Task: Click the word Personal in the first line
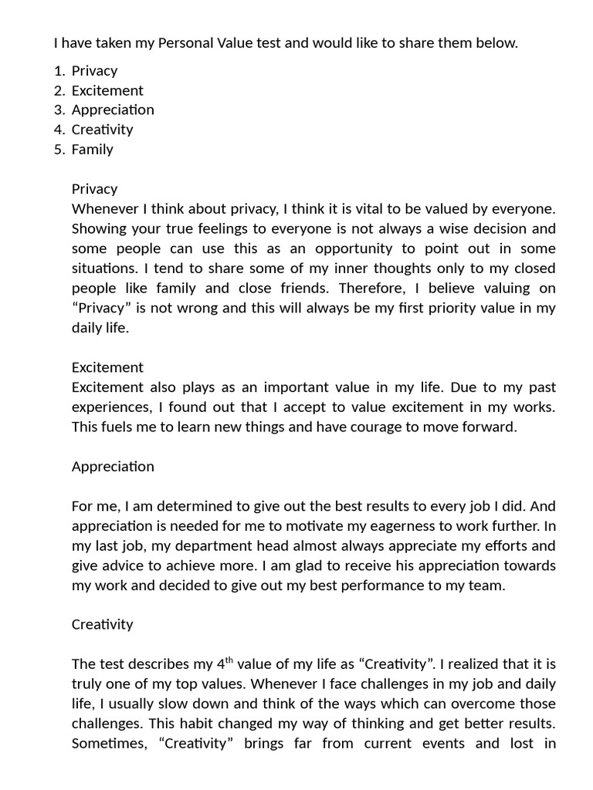[186, 43]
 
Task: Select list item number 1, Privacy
[94, 71]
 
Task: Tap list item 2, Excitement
[107, 90]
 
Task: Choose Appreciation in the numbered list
[113, 110]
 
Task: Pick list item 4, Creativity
[102, 130]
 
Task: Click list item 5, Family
[92, 150]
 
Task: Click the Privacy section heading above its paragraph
[94, 189]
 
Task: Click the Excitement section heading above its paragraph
[107, 367]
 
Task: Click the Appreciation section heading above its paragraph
[113, 467]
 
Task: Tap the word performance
[392, 586]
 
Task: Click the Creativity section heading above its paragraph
[102, 625]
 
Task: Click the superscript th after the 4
[229, 660]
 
